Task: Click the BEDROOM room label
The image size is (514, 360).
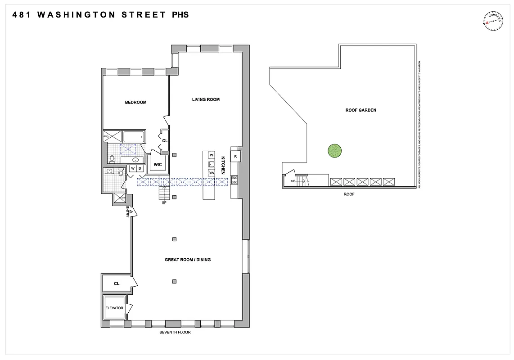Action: tap(135, 102)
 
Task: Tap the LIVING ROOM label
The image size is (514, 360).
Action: tap(206, 99)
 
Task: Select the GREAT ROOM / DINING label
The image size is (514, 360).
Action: tap(188, 260)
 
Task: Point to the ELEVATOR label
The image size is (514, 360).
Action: tap(114, 308)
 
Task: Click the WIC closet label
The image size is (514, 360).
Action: tap(158, 165)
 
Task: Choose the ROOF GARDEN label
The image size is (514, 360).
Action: tap(361, 110)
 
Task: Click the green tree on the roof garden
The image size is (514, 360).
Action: tap(335, 151)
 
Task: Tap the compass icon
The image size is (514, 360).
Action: tap(492, 21)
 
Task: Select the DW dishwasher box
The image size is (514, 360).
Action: tap(211, 173)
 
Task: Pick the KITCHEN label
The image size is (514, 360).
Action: tap(222, 165)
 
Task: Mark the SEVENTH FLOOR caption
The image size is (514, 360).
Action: tap(175, 333)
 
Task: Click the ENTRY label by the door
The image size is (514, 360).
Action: tap(128, 212)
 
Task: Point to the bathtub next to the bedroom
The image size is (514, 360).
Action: tap(133, 136)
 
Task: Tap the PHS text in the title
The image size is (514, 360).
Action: tap(180, 15)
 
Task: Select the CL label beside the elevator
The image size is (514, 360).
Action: tap(117, 283)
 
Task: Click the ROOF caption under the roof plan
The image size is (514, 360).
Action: tap(349, 194)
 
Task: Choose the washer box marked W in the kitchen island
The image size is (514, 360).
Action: tap(211, 155)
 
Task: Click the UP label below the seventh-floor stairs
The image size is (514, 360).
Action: tap(164, 202)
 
